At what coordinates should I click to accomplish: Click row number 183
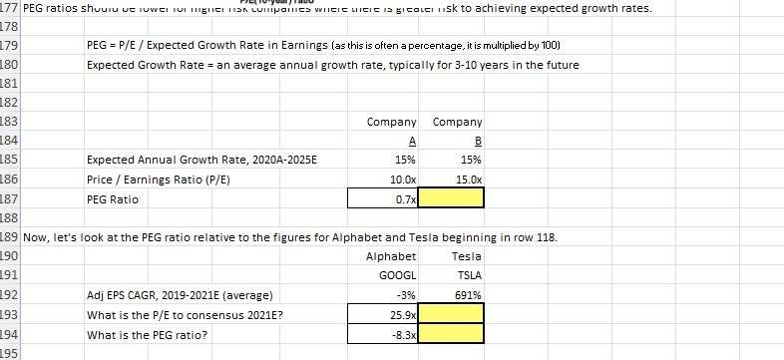click(9, 122)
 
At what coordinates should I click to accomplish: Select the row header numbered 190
click(9, 257)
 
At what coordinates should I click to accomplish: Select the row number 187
click(9, 199)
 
